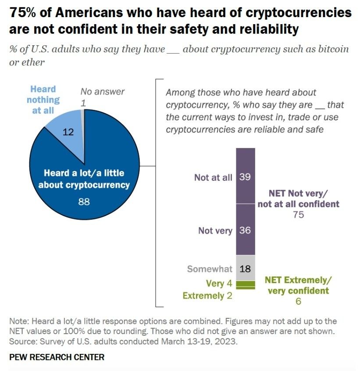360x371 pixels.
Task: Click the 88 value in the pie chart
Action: [84, 202]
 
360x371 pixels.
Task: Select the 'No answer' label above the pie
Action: [103, 92]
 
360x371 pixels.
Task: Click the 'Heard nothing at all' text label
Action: [43, 100]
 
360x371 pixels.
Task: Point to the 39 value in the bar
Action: [245, 177]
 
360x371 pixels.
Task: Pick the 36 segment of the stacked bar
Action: [245, 230]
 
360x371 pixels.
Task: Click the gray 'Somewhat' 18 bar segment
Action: [245, 268]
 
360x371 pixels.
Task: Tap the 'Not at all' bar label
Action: [213, 177]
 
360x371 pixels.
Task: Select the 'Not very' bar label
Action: [215, 230]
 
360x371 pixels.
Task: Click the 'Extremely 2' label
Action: [207, 295]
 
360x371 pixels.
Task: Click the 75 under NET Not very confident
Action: [299, 215]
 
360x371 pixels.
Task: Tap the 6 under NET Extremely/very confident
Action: [298, 301]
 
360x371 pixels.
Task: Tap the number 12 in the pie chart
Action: [68, 131]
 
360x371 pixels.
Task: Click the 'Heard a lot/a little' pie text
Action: [83, 173]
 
